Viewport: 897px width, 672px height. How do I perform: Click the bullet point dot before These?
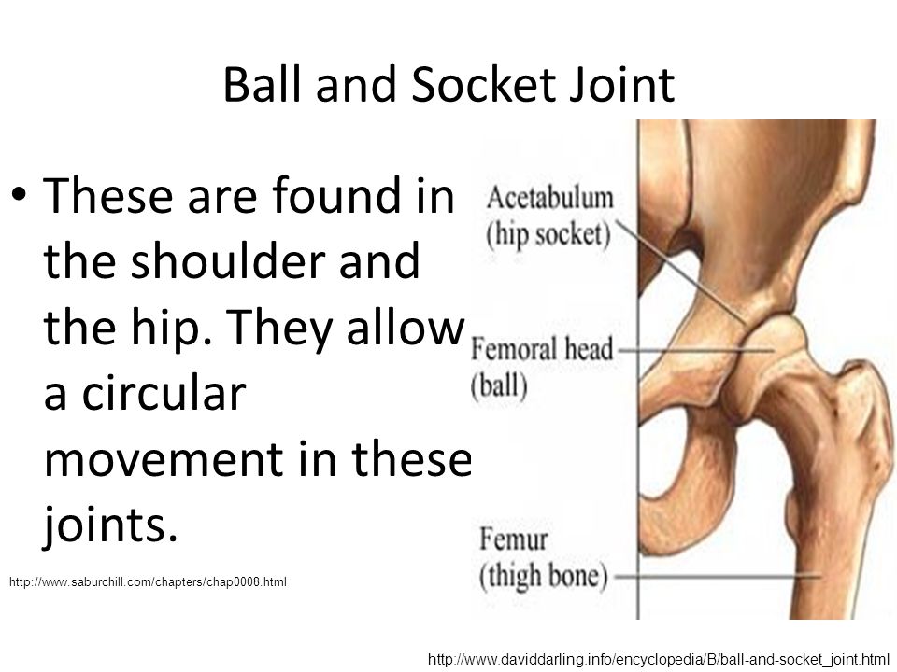pos(19,193)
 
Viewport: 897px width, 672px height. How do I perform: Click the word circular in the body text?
pos(164,393)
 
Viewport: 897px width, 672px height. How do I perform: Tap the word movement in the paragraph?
pos(164,459)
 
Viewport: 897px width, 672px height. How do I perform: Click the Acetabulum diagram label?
pos(549,198)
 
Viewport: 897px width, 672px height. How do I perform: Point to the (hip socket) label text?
pos(548,234)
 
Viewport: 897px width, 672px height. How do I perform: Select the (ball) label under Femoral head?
pos(499,385)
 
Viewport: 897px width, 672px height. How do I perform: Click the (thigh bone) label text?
pos(543,576)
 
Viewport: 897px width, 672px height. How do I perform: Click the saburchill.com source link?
pos(148,582)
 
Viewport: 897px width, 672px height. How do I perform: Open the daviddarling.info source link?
pos(659,660)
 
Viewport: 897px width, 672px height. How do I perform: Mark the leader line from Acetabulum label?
pos(681,272)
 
